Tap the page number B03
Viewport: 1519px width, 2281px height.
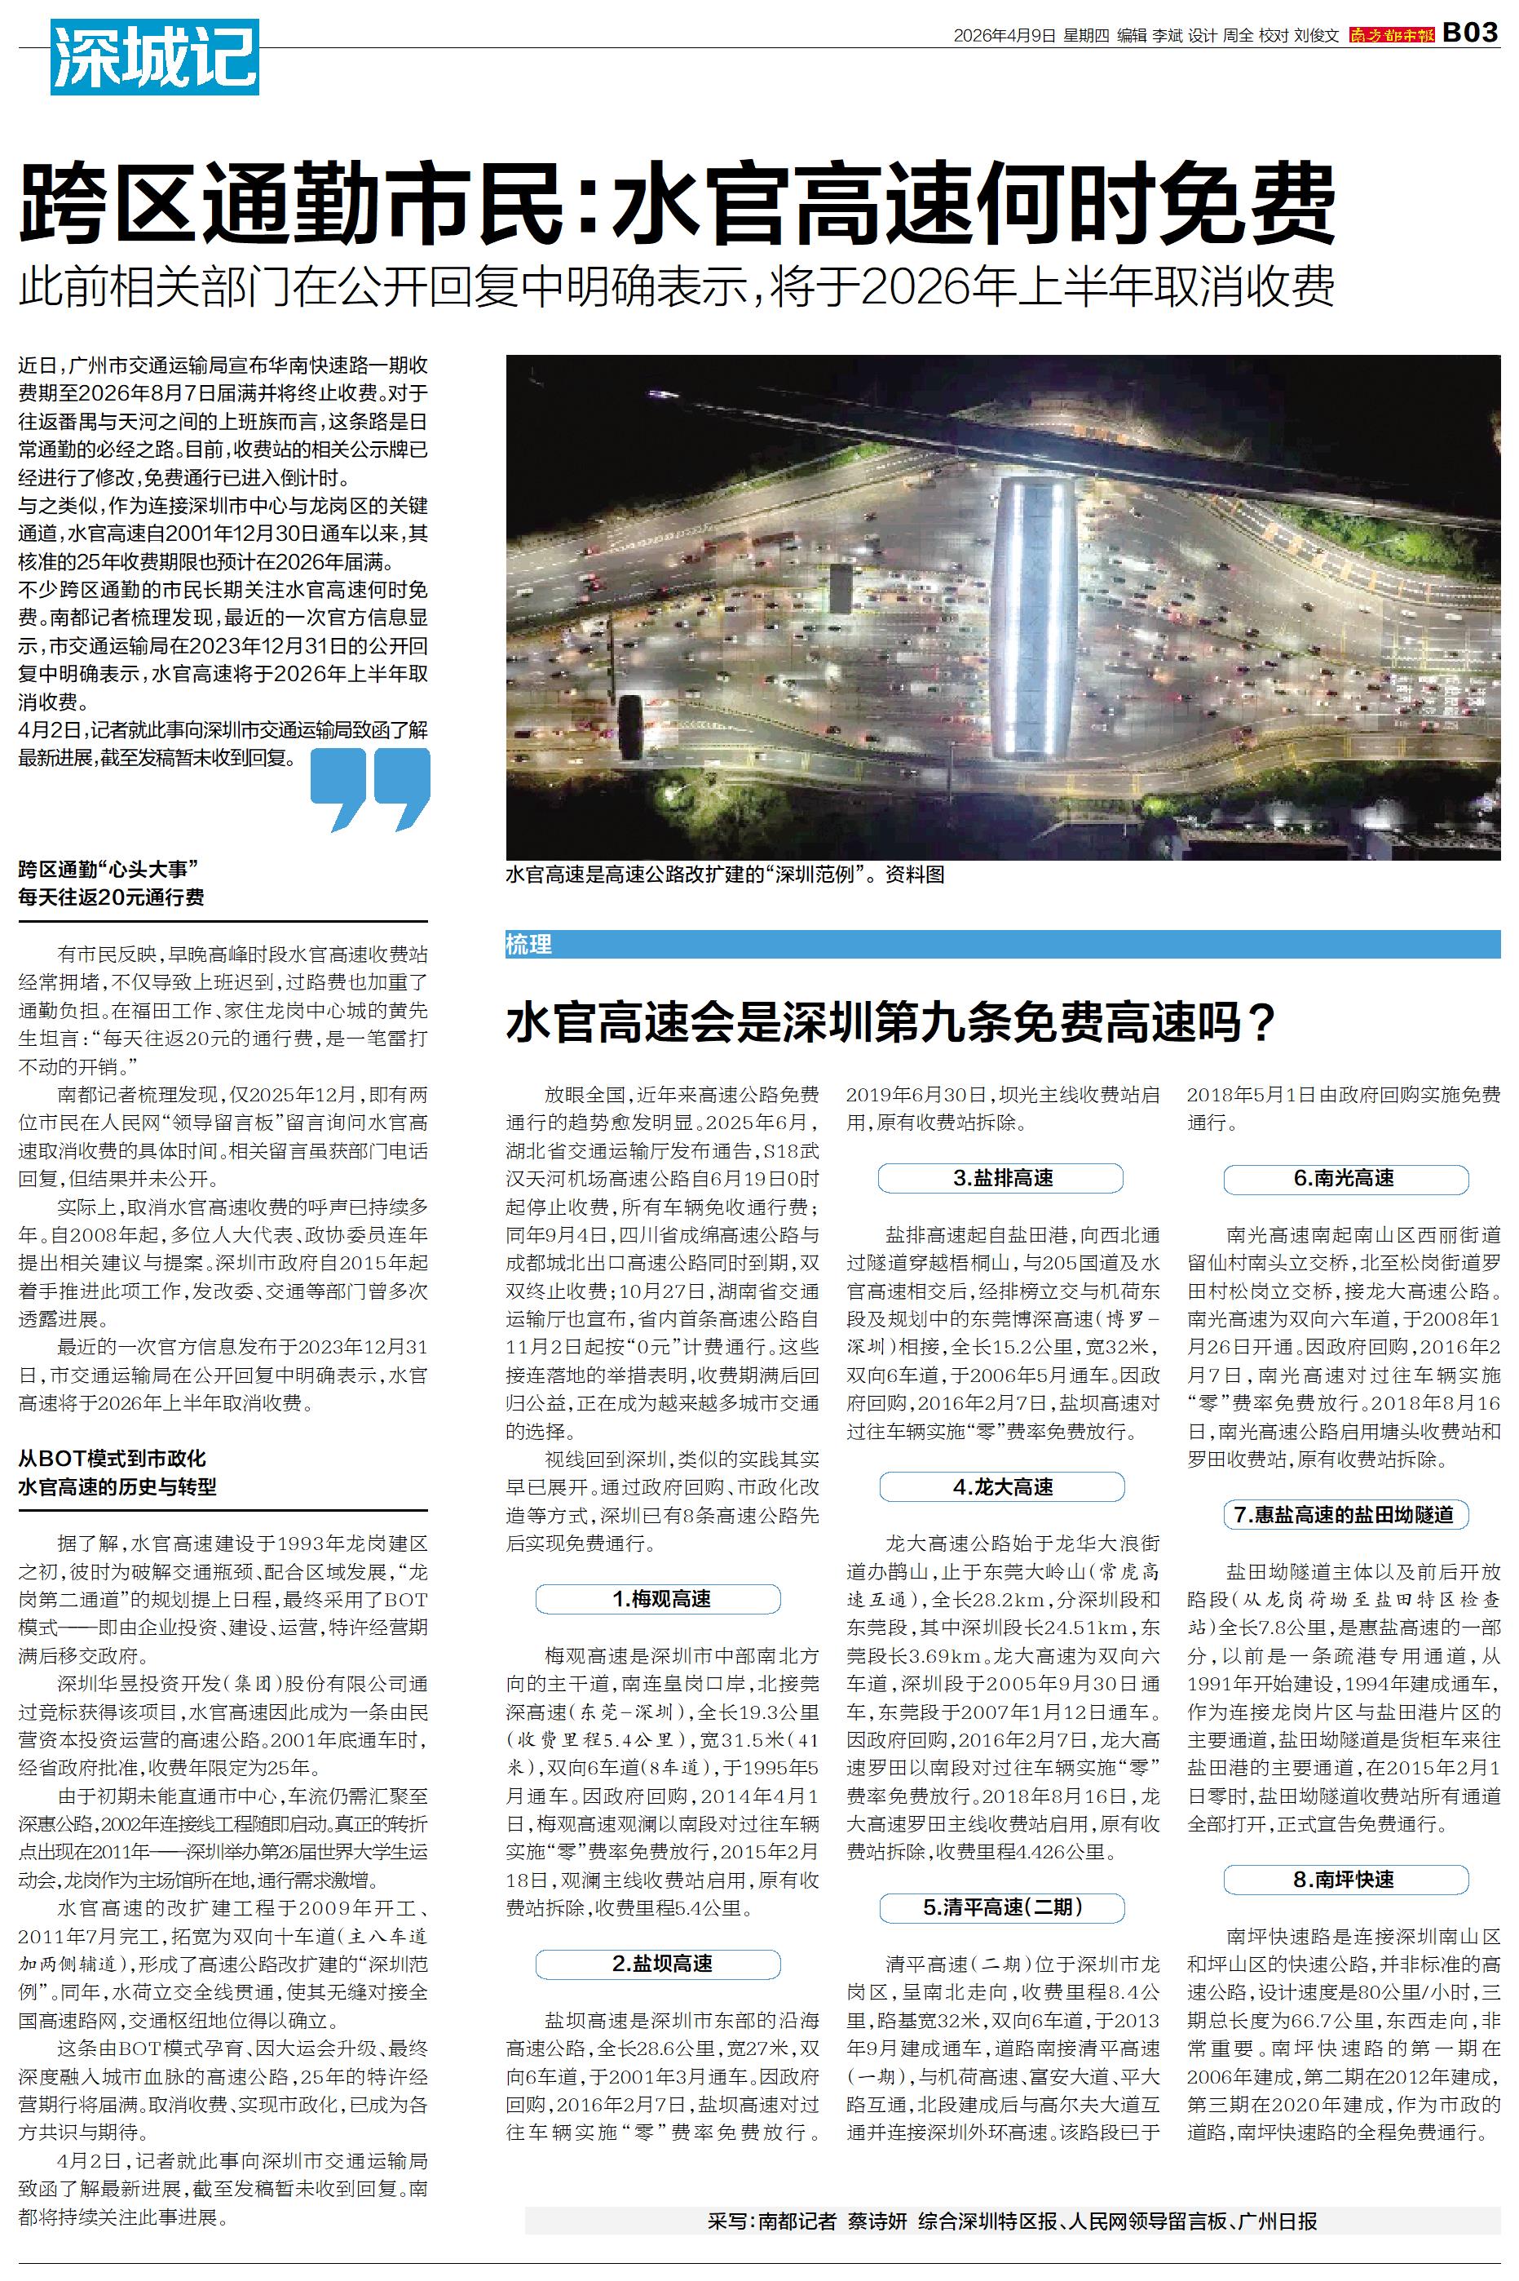(x=1469, y=33)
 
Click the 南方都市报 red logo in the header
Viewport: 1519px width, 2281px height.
(x=1391, y=35)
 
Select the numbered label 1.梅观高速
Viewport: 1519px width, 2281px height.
(x=658, y=1599)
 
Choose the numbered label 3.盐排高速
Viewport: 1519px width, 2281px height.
(x=1000, y=1178)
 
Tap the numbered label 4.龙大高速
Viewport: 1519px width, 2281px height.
(x=1000, y=1487)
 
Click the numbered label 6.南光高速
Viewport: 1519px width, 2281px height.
(x=1345, y=1178)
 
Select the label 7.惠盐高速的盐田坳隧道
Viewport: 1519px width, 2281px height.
(x=1345, y=1514)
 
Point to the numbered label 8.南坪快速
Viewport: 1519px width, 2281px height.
(x=1345, y=1880)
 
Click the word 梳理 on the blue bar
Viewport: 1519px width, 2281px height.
(x=529, y=945)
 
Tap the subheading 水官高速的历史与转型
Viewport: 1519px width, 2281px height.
(x=117, y=1486)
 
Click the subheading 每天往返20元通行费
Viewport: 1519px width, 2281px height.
(x=112, y=897)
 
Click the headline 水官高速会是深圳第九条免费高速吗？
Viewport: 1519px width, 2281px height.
(x=890, y=1023)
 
